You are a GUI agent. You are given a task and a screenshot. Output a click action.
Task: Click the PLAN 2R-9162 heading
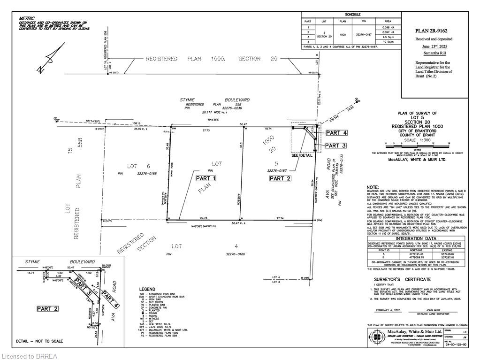[435, 31]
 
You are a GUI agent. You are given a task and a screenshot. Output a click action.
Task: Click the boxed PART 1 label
[206, 178]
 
